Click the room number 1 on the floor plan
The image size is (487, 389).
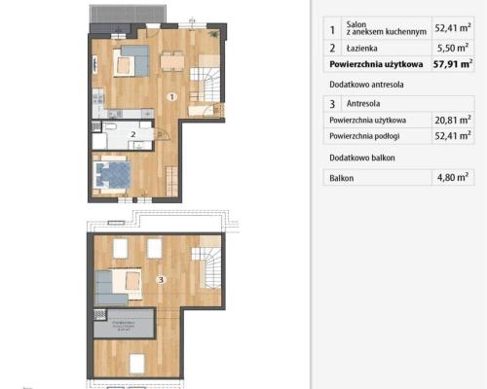point(170,96)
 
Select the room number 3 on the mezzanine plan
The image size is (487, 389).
point(160,280)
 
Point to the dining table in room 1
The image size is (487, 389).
point(173,61)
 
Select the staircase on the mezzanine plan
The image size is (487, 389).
point(211,262)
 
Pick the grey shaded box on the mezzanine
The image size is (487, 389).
point(125,324)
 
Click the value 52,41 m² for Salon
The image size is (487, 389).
point(451,30)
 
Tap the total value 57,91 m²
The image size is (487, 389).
point(451,64)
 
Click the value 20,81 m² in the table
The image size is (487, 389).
point(451,119)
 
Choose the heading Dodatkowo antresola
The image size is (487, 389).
point(365,85)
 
